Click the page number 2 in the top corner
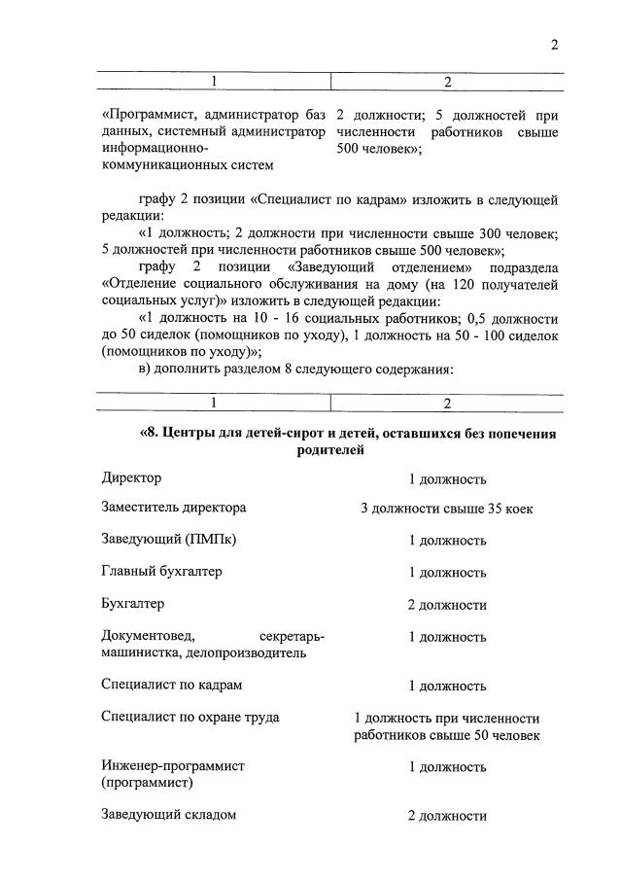pyautogui.click(x=554, y=44)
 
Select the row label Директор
pyautogui.click(x=131, y=478)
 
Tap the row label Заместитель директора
pyautogui.click(x=173, y=508)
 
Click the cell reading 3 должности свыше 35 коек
pyautogui.click(x=446, y=509)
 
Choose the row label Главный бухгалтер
pyautogui.click(x=161, y=571)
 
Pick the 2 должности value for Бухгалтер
pyautogui.click(x=446, y=605)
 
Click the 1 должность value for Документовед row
pyautogui.click(x=446, y=637)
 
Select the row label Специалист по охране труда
pyautogui.click(x=190, y=717)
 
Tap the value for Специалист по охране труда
pyautogui.click(x=446, y=726)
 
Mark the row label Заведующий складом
pyautogui.click(x=168, y=815)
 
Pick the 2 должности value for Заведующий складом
pyautogui.click(x=446, y=816)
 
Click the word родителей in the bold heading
pyautogui.click(x=330, y=450)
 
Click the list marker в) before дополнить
pyautogui.click(x=148, y=370)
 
